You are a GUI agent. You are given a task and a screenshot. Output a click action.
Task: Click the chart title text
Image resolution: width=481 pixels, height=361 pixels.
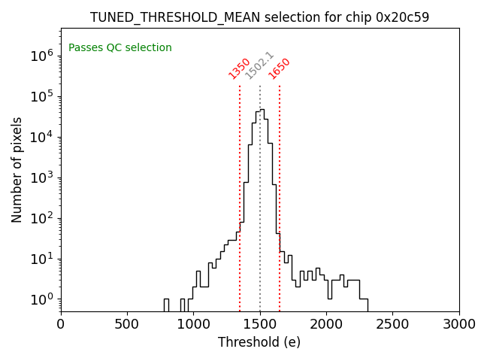click(x=259, y=17)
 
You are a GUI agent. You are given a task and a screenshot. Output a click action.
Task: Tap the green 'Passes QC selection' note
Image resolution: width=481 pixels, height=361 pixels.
click(x=120, y=47)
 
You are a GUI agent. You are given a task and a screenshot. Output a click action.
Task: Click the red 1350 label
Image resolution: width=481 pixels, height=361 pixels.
click(x=240, y=68)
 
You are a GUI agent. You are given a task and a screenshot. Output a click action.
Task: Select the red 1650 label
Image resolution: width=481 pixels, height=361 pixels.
click(x=280, y=68)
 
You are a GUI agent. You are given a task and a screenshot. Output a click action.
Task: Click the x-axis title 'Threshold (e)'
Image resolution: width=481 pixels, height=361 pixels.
click(x=259, y=342)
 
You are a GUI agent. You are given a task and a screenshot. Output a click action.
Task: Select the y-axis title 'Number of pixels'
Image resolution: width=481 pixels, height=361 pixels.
click(x=17, y=169)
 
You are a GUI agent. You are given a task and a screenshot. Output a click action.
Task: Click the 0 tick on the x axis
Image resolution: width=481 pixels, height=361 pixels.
click(x=61, y=324)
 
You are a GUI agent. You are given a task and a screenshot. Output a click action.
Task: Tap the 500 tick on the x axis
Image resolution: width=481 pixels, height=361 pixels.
click(x=127, y=324)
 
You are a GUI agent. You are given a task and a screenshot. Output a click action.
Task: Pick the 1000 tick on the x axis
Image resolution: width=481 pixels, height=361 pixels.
click(x=193, y=324)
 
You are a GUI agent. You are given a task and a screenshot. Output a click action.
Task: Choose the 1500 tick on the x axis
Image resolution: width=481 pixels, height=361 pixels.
click(x=260, y=324)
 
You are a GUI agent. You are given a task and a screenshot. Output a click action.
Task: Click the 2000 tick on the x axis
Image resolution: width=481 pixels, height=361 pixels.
click(x=326, y=324)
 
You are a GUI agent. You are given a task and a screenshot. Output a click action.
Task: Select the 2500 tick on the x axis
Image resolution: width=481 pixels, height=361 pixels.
click(x=392, y=324)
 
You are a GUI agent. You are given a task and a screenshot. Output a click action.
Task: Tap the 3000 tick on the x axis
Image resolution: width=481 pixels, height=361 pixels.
click(x=458, y=324)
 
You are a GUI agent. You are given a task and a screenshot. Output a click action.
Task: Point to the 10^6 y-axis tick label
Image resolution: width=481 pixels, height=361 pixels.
click(x=41, y=55)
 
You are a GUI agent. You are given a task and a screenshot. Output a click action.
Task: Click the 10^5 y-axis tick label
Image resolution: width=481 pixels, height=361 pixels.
click(x=41, y=96)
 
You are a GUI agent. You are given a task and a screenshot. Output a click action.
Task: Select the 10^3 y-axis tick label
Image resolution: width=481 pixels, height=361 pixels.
click(x=41, y=177)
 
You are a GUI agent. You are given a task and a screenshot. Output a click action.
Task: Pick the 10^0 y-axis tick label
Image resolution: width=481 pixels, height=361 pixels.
click(x=41, y=299)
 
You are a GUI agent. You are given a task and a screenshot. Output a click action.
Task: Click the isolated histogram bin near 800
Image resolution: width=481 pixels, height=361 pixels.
click(x=165, y=305)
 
